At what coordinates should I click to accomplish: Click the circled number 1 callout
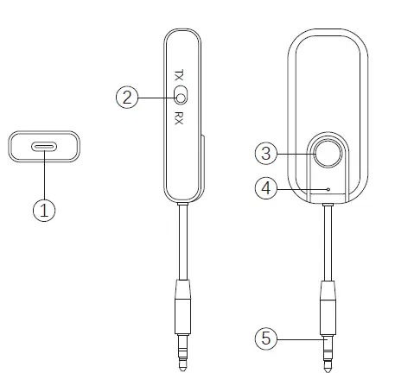point(45,209)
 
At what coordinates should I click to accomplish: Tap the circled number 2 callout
point(127,97)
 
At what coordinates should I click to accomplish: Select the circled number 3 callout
point(267,153)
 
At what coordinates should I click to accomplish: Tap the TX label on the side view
point(179,75)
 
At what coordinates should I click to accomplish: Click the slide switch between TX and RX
point(181,96)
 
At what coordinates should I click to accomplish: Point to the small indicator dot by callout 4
point(328,187)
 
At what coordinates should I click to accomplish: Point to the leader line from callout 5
point(298,339)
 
